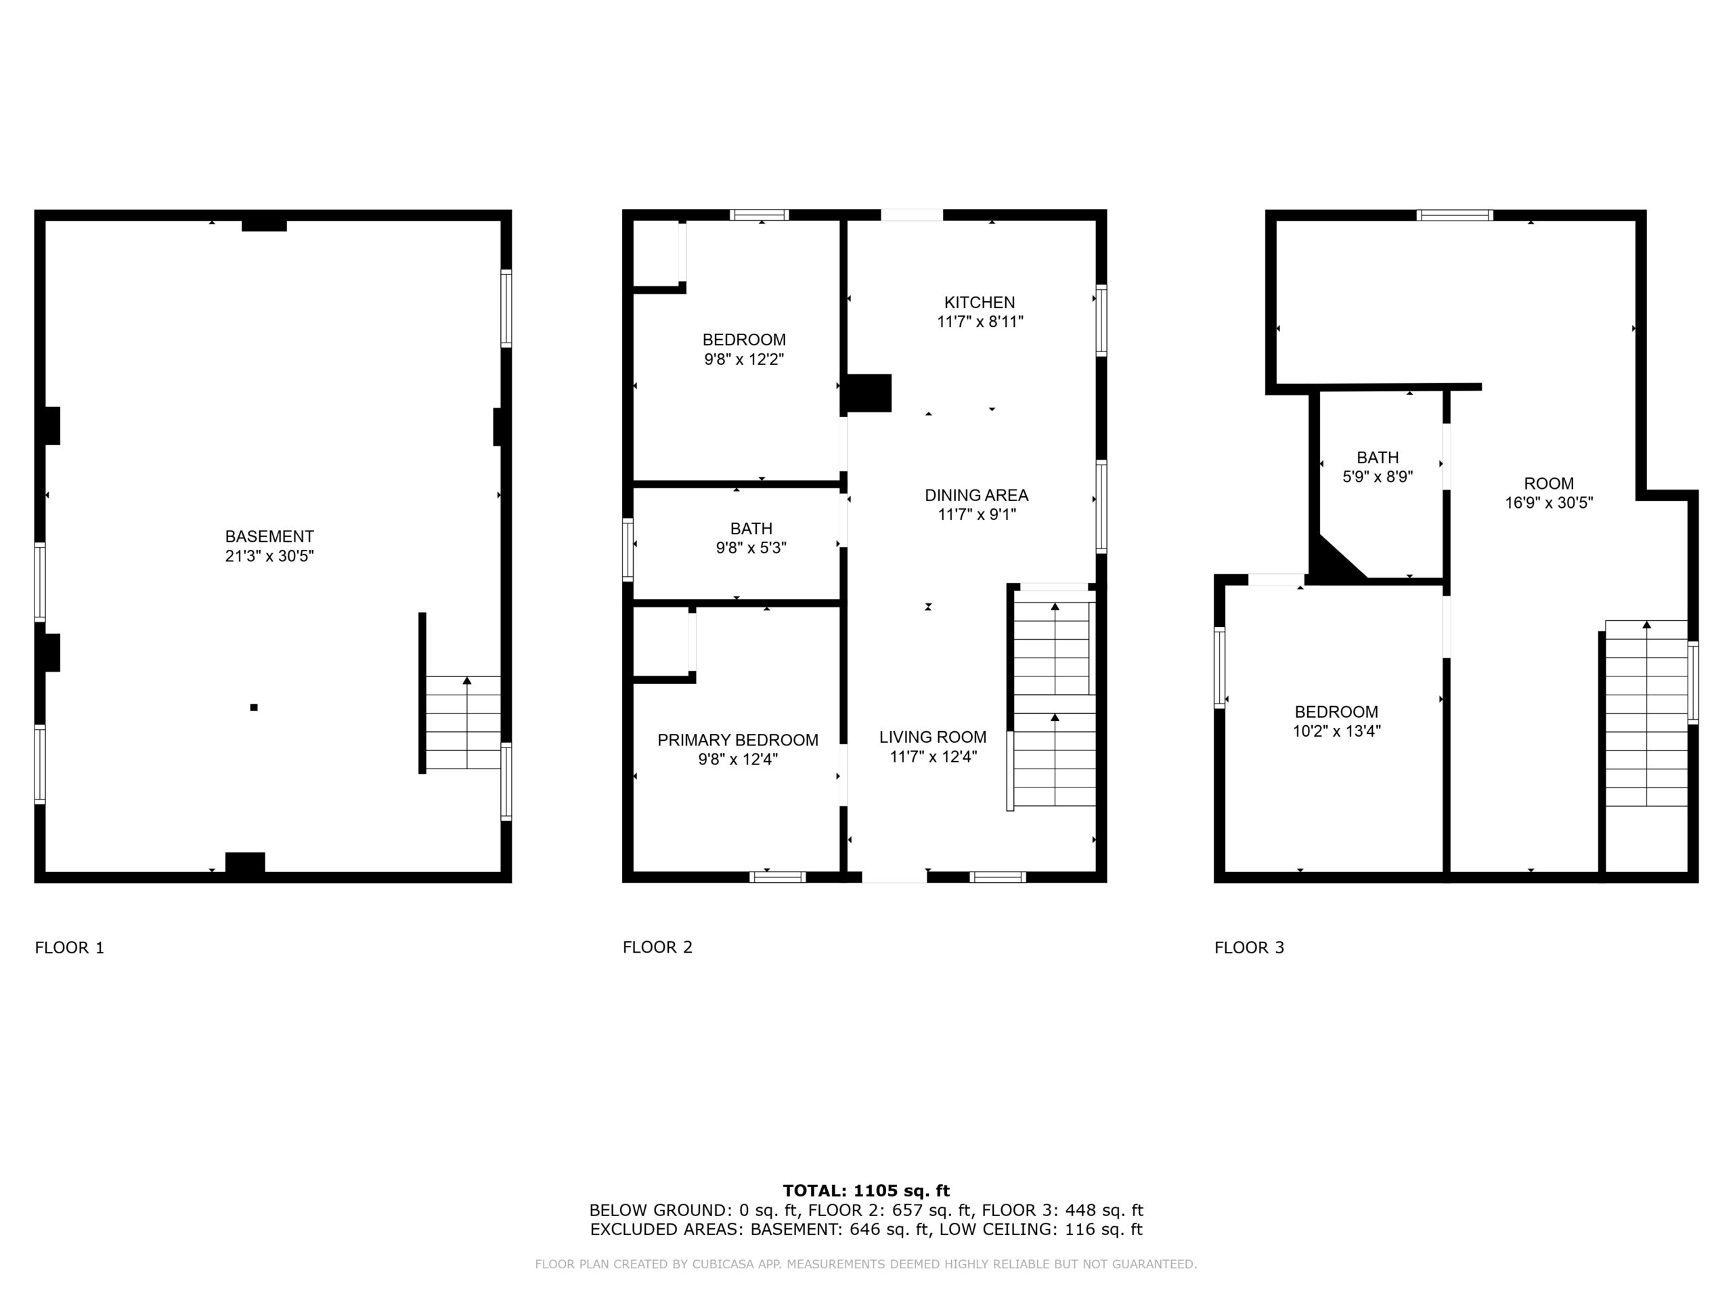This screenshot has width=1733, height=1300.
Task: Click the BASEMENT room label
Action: click(269, 537)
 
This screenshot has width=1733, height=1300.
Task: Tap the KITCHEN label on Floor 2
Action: click(980, 303)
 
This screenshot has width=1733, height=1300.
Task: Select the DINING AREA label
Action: click(976, 495)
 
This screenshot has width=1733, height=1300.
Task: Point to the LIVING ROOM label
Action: click(932, 737)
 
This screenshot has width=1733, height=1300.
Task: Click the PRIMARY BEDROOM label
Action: click(737, 741)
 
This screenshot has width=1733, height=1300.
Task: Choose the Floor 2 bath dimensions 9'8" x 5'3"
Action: click(751, 548)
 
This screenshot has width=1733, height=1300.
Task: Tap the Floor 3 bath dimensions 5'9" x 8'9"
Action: click(1378, 477)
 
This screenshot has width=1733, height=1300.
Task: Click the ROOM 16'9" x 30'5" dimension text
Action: click(1549, 503)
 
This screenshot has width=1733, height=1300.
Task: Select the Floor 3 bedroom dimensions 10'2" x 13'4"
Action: click(1336, 731)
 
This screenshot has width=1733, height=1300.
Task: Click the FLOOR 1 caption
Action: click(69, 947)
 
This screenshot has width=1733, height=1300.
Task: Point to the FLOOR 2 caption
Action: click(657, 947)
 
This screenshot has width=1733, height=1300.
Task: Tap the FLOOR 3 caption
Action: click(1249, 947)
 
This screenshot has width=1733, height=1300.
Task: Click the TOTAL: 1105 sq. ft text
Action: click(866, 1191)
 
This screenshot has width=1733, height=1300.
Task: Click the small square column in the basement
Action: click(254, 708)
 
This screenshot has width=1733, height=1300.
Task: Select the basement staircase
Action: click(463, 722)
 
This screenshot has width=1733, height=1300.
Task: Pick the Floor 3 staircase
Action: click(1646, 713)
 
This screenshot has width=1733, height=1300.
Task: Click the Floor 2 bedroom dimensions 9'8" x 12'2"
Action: click(743, 360)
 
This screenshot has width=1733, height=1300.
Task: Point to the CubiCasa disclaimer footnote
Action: click(866, 1264)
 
